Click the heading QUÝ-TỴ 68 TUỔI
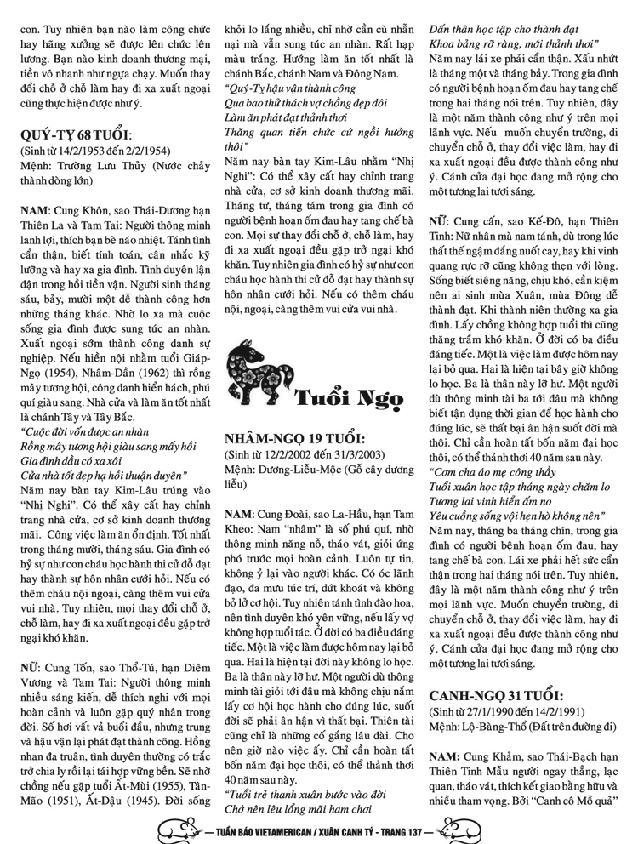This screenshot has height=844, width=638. (76, 136)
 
